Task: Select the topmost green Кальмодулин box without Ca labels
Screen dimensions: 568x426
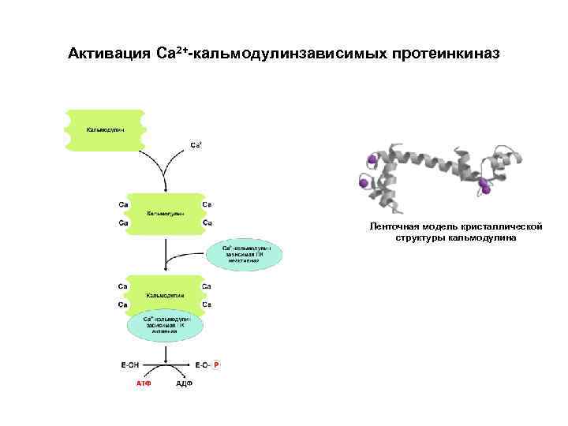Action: pyautogui.click(x=105, y=128)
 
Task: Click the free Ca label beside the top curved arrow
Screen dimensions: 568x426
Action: pyautogui.click(x=196, y=145)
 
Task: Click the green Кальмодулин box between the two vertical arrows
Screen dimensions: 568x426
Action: pyautogui.click(x=165, y=213)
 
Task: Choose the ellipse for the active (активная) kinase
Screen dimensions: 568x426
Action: pyautogui.click(x=165, y=324)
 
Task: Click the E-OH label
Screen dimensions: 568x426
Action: pyautogui.click(x=130, y=364)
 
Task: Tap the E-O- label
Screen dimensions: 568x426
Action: pyautogui.click(x=202, y=364)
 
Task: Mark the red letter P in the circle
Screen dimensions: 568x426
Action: pyautogui.click(x=217, y=364)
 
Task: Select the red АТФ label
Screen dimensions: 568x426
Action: pyautogui.click(x=143, y=384)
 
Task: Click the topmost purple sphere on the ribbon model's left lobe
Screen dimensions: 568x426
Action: pyautogui.click(x=372, y=160)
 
